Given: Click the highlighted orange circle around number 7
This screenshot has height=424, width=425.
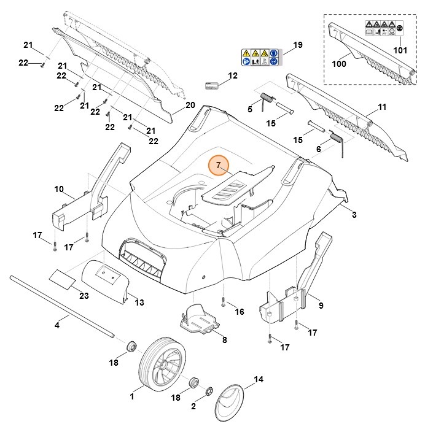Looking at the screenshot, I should click(x=218, y=166).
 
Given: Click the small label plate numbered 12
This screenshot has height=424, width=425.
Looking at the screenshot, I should click(x=212, y=84).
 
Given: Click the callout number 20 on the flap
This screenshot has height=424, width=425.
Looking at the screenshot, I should click(x=190, y=105).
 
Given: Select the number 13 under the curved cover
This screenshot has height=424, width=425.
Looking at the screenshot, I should click(x=139, y=303).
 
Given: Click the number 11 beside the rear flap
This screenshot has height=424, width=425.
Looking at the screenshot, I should click(x=382, y=107).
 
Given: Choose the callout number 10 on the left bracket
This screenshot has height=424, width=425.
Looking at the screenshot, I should click(x=59, y=188).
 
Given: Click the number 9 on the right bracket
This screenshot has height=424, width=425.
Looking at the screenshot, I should click(x=321, y=304).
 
